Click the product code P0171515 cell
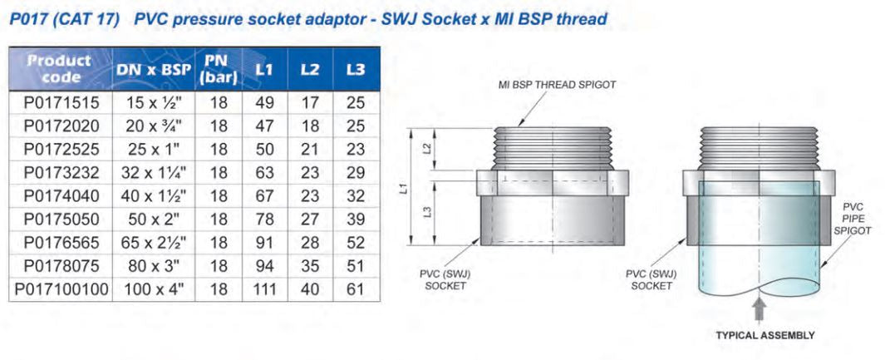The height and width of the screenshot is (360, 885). point(61,103)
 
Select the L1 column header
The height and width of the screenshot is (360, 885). point(264,69)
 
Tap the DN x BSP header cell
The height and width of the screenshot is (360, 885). point(154,69)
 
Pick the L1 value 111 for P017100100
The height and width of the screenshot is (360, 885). point(264,289)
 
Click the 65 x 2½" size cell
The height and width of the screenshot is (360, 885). point(154,243)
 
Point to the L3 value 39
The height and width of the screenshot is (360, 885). point(356,219)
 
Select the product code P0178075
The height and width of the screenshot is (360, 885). point(61,266)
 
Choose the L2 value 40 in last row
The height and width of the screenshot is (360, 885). point(310,289)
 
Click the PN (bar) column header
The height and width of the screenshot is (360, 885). point(219,69)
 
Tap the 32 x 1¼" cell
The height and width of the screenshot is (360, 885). point(154,173)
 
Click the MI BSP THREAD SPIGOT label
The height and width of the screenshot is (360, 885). point(557,85)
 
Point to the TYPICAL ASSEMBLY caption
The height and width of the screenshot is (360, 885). point(765,335)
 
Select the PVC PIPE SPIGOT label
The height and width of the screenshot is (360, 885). point(857,219)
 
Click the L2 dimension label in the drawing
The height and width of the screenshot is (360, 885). point(428,148)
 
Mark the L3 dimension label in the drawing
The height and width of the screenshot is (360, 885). point(428,212)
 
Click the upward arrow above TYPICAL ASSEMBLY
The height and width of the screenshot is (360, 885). point(760,310)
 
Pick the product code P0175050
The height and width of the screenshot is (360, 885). point(61,219)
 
